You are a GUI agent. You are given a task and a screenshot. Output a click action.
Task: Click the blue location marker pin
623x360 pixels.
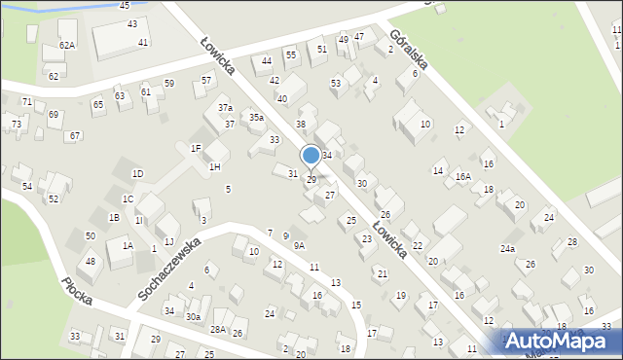311,156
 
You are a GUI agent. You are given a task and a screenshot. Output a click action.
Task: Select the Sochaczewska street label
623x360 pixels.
169,269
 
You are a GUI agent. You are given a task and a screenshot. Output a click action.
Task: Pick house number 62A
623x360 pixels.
66,46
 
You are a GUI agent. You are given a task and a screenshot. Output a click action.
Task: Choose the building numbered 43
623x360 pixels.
131,23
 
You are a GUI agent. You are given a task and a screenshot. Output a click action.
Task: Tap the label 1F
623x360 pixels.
196,149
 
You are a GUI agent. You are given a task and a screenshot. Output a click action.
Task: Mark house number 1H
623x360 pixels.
214,167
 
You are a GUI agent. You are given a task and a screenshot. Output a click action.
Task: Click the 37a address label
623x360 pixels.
225,108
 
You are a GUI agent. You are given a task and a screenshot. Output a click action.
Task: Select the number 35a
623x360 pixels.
256,118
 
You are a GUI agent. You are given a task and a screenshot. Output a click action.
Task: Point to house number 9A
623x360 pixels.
299,246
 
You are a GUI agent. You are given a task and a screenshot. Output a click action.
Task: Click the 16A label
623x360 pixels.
463,177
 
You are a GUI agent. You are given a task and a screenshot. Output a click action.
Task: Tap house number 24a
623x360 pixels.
507,249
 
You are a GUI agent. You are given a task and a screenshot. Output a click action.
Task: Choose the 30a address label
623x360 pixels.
194,317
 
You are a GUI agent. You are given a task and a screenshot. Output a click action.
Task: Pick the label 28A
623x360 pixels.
217,330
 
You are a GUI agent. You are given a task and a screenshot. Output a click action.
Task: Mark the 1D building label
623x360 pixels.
138,174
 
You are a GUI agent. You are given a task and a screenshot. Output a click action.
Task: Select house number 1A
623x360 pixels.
128,246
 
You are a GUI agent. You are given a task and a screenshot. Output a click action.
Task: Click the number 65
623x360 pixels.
97,104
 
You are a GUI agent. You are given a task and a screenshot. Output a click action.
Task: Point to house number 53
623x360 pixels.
336,84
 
